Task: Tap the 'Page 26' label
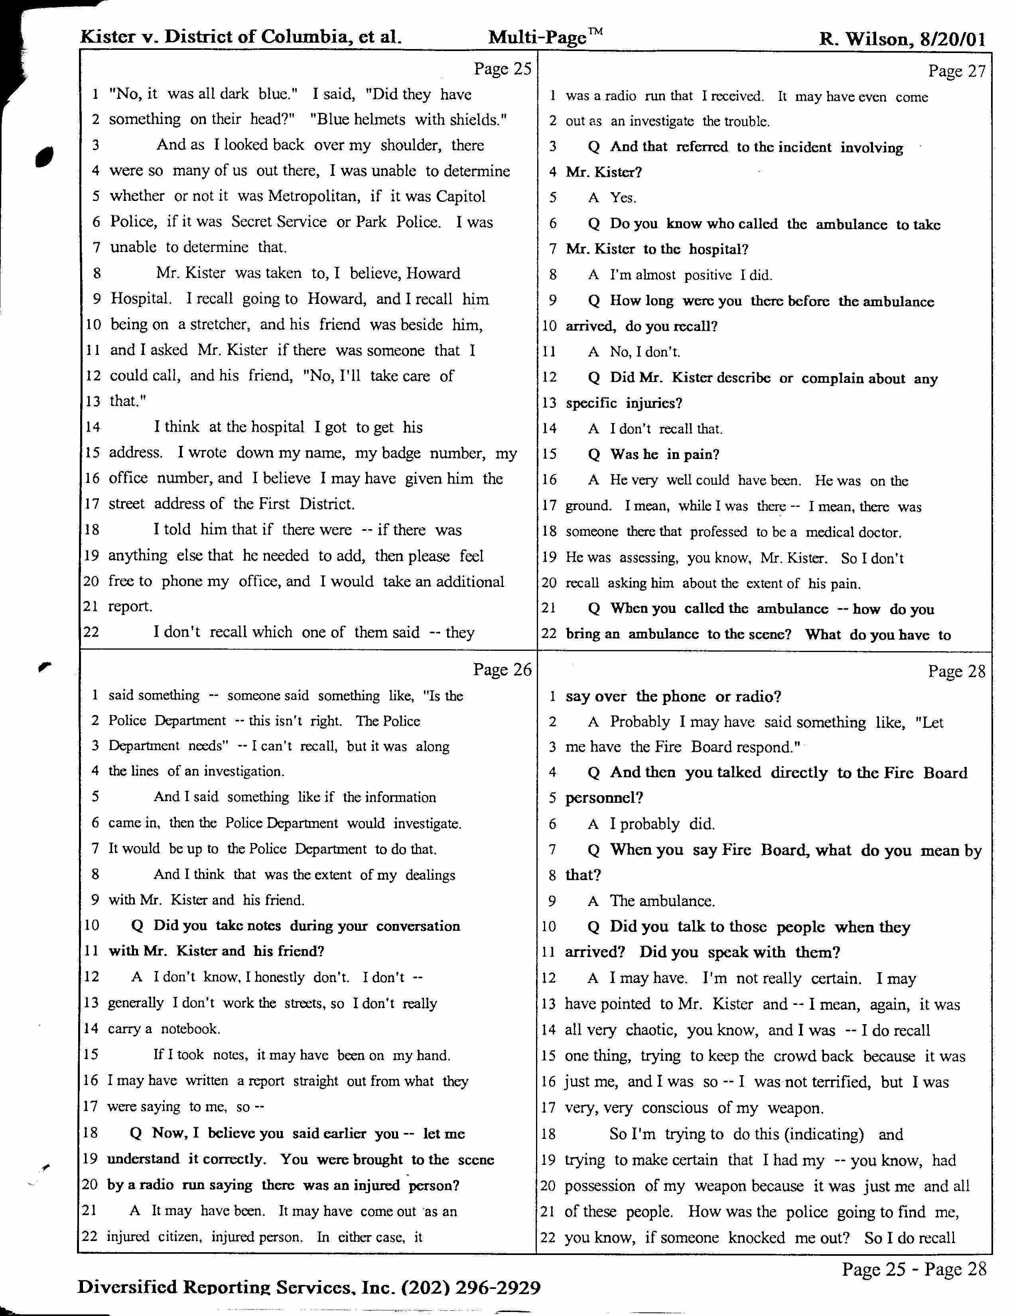pos(503,670)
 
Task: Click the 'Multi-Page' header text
pos(538,37)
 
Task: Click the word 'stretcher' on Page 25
pos(220,325)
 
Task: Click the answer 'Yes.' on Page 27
pos(623,198)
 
